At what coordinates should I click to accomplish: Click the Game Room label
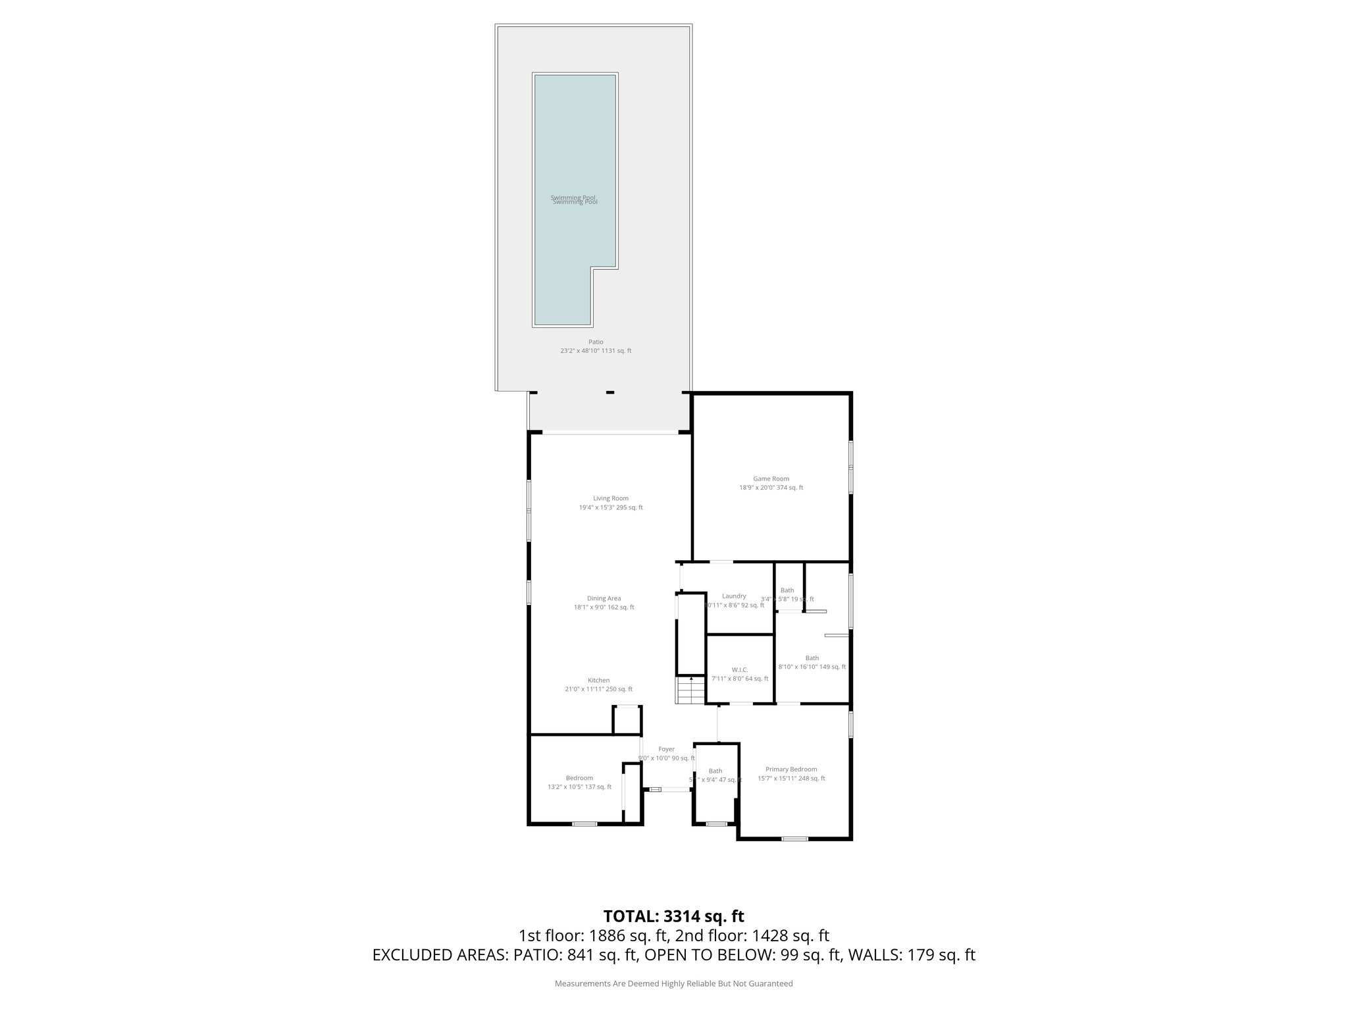click(771, 479)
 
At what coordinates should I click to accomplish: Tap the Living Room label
click(610, 498)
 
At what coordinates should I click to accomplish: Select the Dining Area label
click(604, 598)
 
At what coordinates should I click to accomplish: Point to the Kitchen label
click(598, 680)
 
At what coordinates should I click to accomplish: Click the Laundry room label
click(734, 596)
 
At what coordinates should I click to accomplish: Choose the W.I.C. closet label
click(739, 669)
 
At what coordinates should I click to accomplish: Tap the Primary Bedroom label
click(791, 769)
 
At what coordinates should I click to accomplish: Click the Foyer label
click(666, 749)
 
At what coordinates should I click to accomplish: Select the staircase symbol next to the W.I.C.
click(690, 690)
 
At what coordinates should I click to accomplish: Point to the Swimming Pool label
click(574, 199)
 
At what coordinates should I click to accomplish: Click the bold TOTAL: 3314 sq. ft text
click(673, 916)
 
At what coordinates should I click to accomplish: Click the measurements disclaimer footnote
click(673, 983)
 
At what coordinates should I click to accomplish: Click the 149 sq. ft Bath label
click(812, 658)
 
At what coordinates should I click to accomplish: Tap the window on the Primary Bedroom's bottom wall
click(794, 839)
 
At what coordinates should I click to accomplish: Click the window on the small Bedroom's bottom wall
click(584, 823)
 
